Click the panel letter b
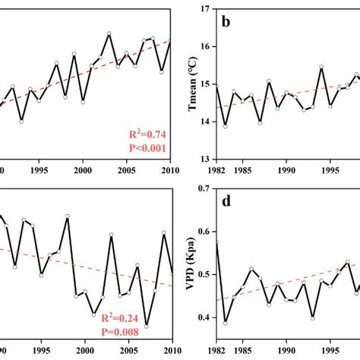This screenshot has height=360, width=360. [x=226, y=22]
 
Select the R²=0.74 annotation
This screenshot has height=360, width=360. [x=147, y=135]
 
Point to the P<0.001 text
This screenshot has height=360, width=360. [x=146, y=148]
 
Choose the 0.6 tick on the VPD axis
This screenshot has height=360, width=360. [x=202, y=232]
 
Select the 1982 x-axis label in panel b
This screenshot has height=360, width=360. [x=216, y=171]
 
